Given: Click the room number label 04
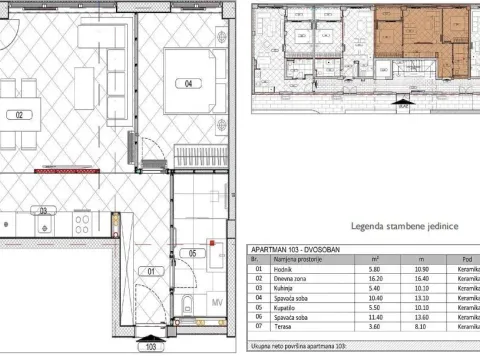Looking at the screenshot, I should [187, 84].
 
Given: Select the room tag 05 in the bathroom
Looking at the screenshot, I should [193, 252].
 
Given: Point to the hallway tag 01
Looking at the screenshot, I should [153, 270].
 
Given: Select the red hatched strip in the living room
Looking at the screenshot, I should [64, 172].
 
